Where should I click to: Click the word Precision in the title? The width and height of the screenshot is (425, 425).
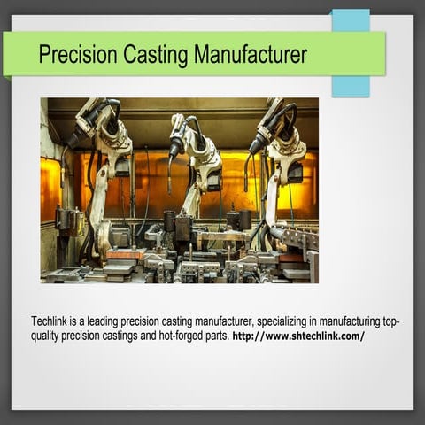[x=74, y=55]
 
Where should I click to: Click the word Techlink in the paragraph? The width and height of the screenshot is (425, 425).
[x=50, y=321]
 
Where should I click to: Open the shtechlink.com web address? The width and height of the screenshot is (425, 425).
[x=298, y=336]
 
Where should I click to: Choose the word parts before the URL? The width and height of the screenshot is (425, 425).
[x=212, y=336]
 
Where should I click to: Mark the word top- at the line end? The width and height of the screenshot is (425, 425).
[x=389, y=321]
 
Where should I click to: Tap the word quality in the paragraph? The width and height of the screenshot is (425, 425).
[x=47, y=336]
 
